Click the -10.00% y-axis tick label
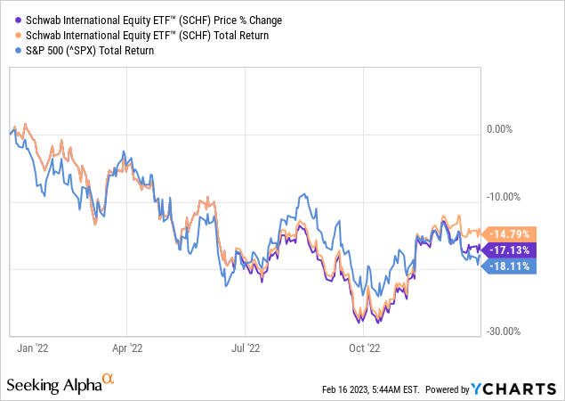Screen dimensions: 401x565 click(504, 197)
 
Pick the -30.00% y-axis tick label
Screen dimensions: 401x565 click(504, 331)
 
